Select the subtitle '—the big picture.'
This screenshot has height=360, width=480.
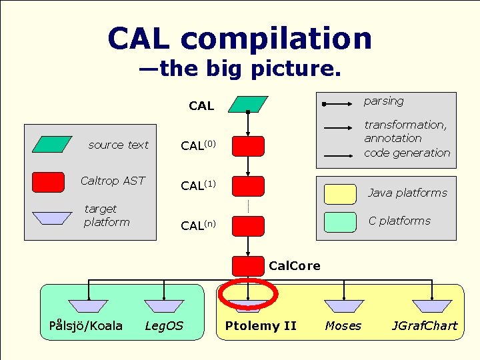(240, 69)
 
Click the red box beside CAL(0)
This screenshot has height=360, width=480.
(248, 146)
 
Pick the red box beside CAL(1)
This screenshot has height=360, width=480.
(248, 186)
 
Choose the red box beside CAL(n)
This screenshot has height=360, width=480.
(248, 225)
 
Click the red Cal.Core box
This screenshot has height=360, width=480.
(248, 266)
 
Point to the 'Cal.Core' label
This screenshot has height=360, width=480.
(294, 266)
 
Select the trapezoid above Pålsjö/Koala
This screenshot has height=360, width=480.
(88, 306)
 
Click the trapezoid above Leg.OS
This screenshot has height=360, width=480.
(164, 306)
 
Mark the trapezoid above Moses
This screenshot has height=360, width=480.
(344, 306)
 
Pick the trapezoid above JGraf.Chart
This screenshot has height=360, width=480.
(431, 306)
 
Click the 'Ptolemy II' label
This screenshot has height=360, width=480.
(261, 326)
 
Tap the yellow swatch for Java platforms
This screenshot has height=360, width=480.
(339, 193)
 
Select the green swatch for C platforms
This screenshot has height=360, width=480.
(339, 221)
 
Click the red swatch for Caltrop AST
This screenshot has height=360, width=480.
(48, 181)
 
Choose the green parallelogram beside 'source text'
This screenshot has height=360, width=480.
(52, 145)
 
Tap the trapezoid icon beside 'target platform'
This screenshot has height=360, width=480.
(52, 218)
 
